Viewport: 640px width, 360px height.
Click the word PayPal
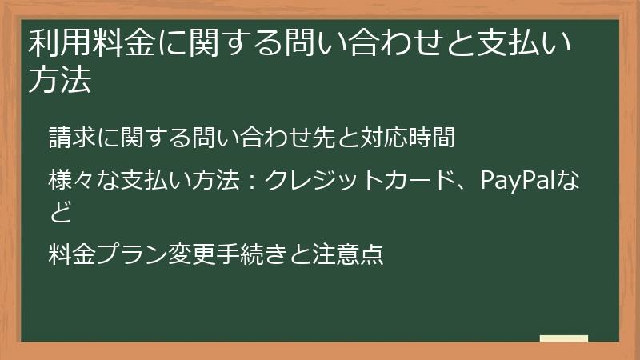pos(523,180)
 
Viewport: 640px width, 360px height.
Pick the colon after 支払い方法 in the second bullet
pos(250,182)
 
